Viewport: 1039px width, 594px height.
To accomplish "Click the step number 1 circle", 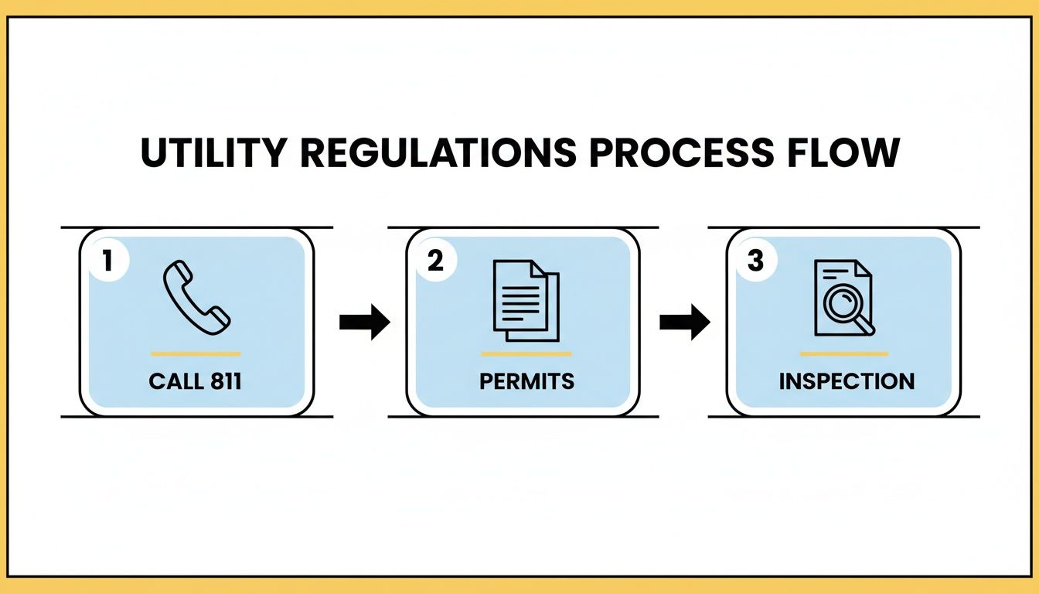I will click(x=107, y=261).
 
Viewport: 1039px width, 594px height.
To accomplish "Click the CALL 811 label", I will click(x=196, y=381).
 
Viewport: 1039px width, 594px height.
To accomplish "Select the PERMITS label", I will click(x=526, y=381).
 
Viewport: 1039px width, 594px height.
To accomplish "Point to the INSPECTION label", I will click(x=846, y=381).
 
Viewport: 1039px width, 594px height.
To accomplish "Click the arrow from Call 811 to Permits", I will click(x=364, y=323).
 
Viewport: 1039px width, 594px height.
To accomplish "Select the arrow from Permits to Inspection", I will click(x=684, y=323).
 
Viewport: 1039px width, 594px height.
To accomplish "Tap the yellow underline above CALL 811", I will click(x=196, y=354).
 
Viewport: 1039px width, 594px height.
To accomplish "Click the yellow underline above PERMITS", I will click(x=526, y=354).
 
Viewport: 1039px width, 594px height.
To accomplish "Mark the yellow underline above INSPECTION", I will click(x=844, y=354).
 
